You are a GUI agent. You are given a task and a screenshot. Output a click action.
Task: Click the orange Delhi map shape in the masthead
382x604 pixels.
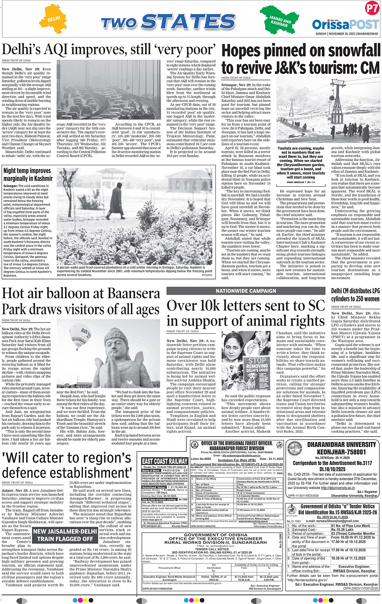53,19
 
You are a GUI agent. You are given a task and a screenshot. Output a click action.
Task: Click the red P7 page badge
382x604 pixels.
371,8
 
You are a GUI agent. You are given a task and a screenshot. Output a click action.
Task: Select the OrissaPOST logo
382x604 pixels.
345,24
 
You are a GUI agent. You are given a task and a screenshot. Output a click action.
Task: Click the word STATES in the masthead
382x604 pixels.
189,22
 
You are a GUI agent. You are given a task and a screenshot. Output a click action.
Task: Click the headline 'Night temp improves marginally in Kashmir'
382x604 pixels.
27,175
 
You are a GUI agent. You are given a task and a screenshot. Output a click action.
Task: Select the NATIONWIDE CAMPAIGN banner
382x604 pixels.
246,291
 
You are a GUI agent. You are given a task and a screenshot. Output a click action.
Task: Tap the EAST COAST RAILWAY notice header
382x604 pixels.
165,461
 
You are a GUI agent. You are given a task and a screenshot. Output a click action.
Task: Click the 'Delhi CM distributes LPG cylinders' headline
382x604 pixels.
355,295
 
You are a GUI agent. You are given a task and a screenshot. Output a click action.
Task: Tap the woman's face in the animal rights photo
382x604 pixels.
243,346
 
